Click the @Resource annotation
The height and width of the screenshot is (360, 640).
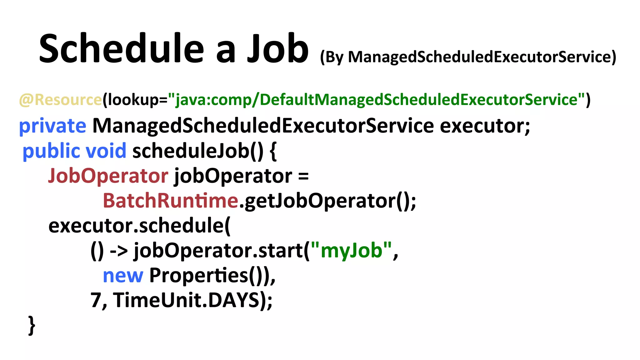click(x=60, y=100)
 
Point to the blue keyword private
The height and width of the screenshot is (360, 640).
click(x=52, y=126)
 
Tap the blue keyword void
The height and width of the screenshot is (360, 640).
click(x=106, y=151)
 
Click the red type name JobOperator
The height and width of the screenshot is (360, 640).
click(x=108, y=176)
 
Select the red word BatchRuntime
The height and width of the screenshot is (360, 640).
click(x=171, y=201)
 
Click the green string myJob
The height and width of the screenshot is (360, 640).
click(x=352, y=251)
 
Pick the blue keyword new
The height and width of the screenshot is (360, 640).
click(x=123, y=276)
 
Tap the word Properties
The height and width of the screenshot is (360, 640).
click(x=198, y=276)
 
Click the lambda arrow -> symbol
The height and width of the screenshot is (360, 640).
click(x=119, y=251)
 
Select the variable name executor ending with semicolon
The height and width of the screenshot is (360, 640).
click(x=485, y=126)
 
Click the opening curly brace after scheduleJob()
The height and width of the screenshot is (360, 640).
click(x=273, y=151)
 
